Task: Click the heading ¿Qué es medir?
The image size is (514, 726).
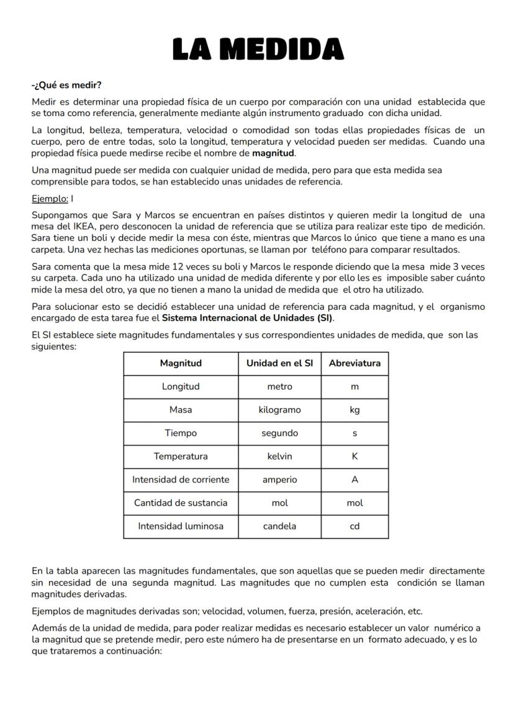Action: tap(66, 85)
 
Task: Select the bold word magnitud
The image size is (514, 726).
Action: tap(273, 153)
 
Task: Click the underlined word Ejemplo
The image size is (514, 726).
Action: tap(49, 199)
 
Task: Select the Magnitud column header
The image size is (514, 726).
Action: tap(181, 363)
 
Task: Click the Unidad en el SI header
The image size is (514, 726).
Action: tap(279, 363)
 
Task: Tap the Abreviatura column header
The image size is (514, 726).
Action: tap(354, 363)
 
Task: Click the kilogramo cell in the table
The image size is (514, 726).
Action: tap(279, 410)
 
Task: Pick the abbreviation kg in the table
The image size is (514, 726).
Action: tap(354, 410)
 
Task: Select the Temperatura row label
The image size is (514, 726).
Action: tap(181, 456)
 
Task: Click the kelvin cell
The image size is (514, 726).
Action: tap(279, 456)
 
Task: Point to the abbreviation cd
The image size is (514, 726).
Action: tap(354, 526)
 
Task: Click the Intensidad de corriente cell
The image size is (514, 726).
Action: tap(181, 479)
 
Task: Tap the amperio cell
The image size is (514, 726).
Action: tap(279, 479)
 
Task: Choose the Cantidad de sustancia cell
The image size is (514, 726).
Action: tap(181, 503)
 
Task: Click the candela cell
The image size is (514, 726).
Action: tap(279, 526)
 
